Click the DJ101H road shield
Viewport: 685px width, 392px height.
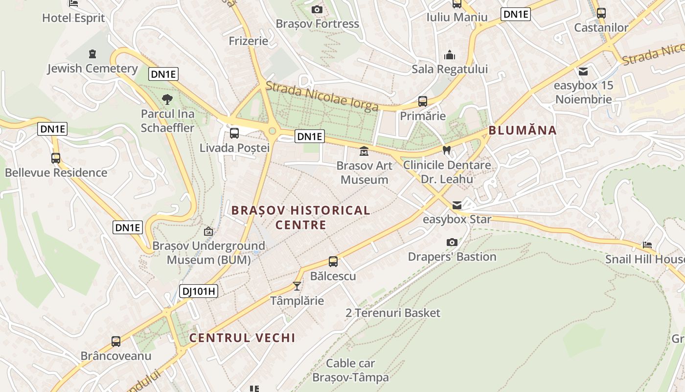(198, 291)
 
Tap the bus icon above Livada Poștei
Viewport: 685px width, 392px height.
(234, 133)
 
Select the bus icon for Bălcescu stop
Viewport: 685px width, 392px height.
(333, 261)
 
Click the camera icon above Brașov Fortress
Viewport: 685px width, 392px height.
(317, 9)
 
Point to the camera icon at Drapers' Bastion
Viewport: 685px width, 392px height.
(452, 242)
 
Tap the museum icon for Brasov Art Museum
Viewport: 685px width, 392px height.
(364, 151)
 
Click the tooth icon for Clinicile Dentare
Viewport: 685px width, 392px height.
(446, 150)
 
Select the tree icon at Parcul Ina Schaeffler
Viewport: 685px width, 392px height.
(167, 100)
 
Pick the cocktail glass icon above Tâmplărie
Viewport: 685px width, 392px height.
(297, 286)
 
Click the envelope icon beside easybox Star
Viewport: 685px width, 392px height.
(457, 205)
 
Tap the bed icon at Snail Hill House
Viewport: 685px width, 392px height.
(647, 245)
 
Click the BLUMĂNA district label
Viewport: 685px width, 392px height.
(523, 130)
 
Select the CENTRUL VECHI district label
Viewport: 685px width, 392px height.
(242, 338)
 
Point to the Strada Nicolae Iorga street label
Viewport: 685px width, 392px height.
(322, 97)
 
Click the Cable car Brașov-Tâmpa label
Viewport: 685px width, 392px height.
(350, 370)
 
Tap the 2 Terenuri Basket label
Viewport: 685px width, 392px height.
(393, 313)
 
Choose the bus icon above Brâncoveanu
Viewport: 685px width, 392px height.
(116, 341)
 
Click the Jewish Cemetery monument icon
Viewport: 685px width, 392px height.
(92, 53)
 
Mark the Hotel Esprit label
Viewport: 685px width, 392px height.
(73, 18)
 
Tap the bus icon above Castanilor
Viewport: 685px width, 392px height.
(601, 13)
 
